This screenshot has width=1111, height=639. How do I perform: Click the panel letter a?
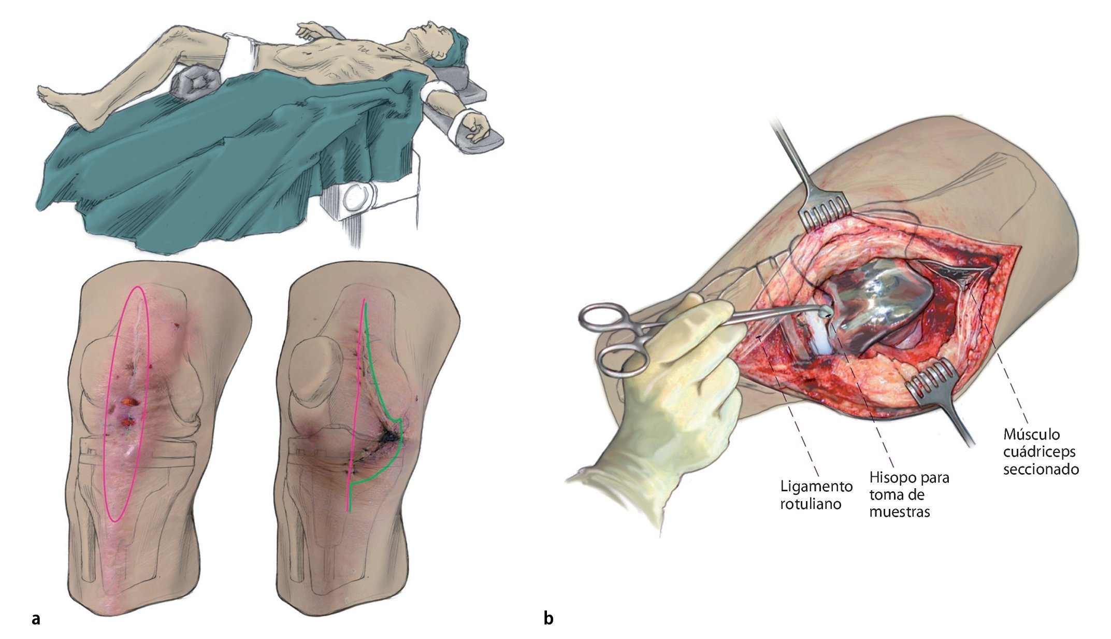(36, 619)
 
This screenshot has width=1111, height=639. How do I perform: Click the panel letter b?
(549, 618)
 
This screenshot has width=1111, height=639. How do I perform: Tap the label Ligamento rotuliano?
(816, 494)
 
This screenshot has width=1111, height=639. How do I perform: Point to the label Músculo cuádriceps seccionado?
(1041, 451)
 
